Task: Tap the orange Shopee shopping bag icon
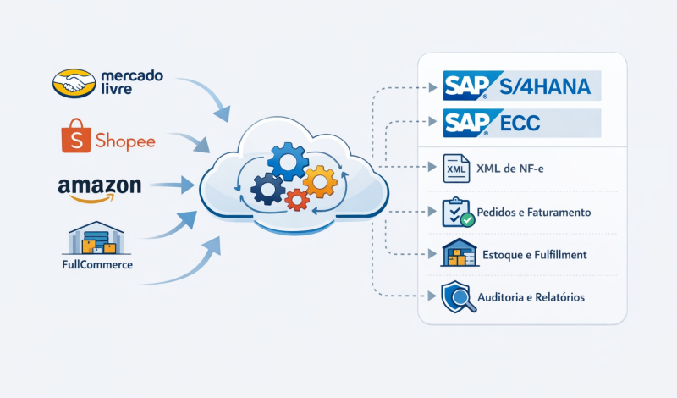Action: [74, 139]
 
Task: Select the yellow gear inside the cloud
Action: [319, 179]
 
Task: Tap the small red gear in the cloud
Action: [296, 199]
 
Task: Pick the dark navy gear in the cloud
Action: [268, 188]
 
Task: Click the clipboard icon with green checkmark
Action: [457, 212]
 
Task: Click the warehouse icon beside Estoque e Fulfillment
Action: [454, 254]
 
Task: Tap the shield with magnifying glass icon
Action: [456, 297]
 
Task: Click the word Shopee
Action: [126, 141]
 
